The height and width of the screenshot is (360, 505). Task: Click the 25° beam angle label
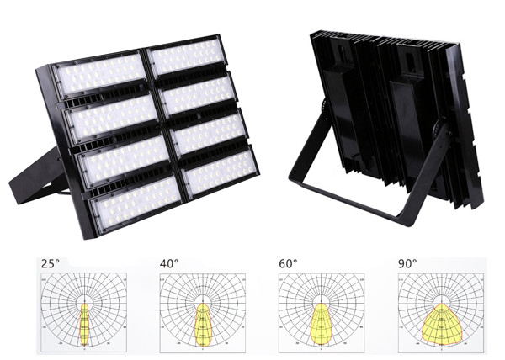pos(50,264)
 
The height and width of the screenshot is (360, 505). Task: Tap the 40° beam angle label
pos(169,264)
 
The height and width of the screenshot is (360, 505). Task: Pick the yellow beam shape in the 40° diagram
pos(203,324)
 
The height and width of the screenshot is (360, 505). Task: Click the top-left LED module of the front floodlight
pos(99,74)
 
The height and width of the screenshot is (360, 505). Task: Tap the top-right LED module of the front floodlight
pos(187,56)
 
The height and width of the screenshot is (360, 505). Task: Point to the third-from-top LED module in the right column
pos(209,133)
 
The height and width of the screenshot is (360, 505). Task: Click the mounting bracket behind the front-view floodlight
pos(38,177)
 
